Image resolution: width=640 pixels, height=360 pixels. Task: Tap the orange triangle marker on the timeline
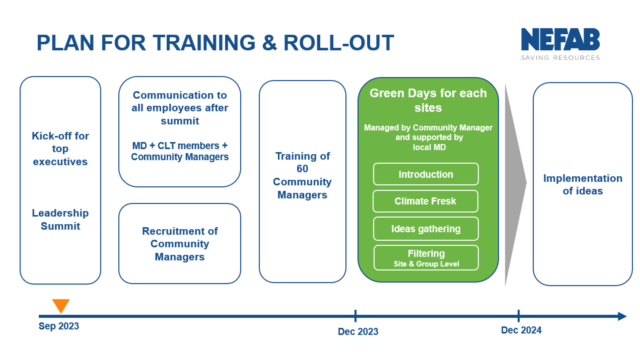pos(61,305)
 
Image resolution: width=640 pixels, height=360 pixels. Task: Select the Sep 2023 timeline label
pos(59,326)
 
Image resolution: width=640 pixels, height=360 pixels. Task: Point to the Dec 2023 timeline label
pos(358,332)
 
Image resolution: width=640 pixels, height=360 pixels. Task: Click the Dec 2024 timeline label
pos(521,330)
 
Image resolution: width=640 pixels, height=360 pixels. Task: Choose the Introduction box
pos(426,174)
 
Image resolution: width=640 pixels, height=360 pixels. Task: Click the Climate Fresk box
pos(425,201)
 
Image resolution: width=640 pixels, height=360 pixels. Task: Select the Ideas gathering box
pos(426,229)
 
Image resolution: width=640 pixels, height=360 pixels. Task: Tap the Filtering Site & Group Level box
pos(426,258)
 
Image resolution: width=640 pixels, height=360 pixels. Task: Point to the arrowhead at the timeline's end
pos(622,316)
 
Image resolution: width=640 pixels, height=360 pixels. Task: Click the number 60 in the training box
pos(302,169)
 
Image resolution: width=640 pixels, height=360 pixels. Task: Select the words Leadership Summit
pos(60,220)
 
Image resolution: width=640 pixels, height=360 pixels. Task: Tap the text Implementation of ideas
pos(583,185)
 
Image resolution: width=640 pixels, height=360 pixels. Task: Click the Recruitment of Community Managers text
pos(180,244)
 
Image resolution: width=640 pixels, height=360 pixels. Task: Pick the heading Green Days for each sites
pos(428,100)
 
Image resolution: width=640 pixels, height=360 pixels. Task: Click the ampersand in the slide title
pos(269,43)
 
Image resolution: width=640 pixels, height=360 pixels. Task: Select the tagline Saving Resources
pos(560,58)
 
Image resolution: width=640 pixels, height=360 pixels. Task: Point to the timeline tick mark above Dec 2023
pos(355,316)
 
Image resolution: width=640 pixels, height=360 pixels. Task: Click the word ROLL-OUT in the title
pos(339,43)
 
